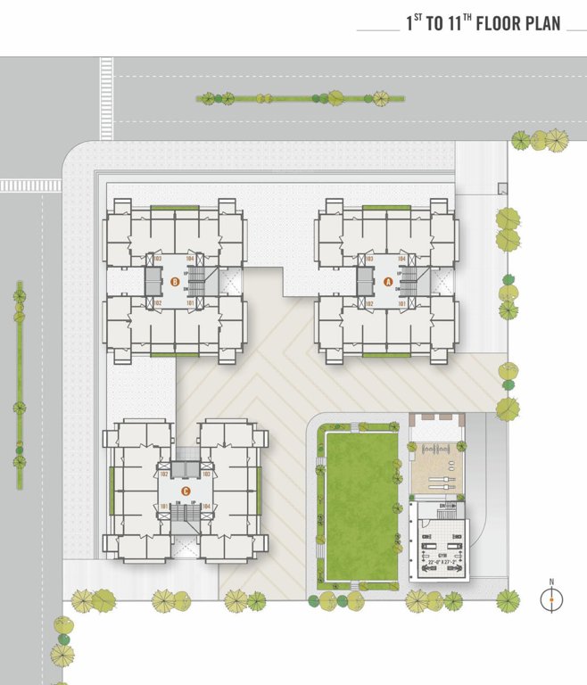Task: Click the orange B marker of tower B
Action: pos(175,283)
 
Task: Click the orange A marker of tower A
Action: pos(387,282)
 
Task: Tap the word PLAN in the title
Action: pos(542,24)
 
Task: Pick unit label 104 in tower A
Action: pos(401,259)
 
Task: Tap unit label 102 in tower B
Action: pos(156,304)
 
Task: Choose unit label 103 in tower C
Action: pos(206,475)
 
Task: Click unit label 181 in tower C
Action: pos(164,508)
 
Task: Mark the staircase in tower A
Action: pos(409,283)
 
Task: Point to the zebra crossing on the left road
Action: pos(30,186)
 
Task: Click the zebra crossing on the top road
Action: pos(107,98)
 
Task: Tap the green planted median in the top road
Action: pos(294,98)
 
